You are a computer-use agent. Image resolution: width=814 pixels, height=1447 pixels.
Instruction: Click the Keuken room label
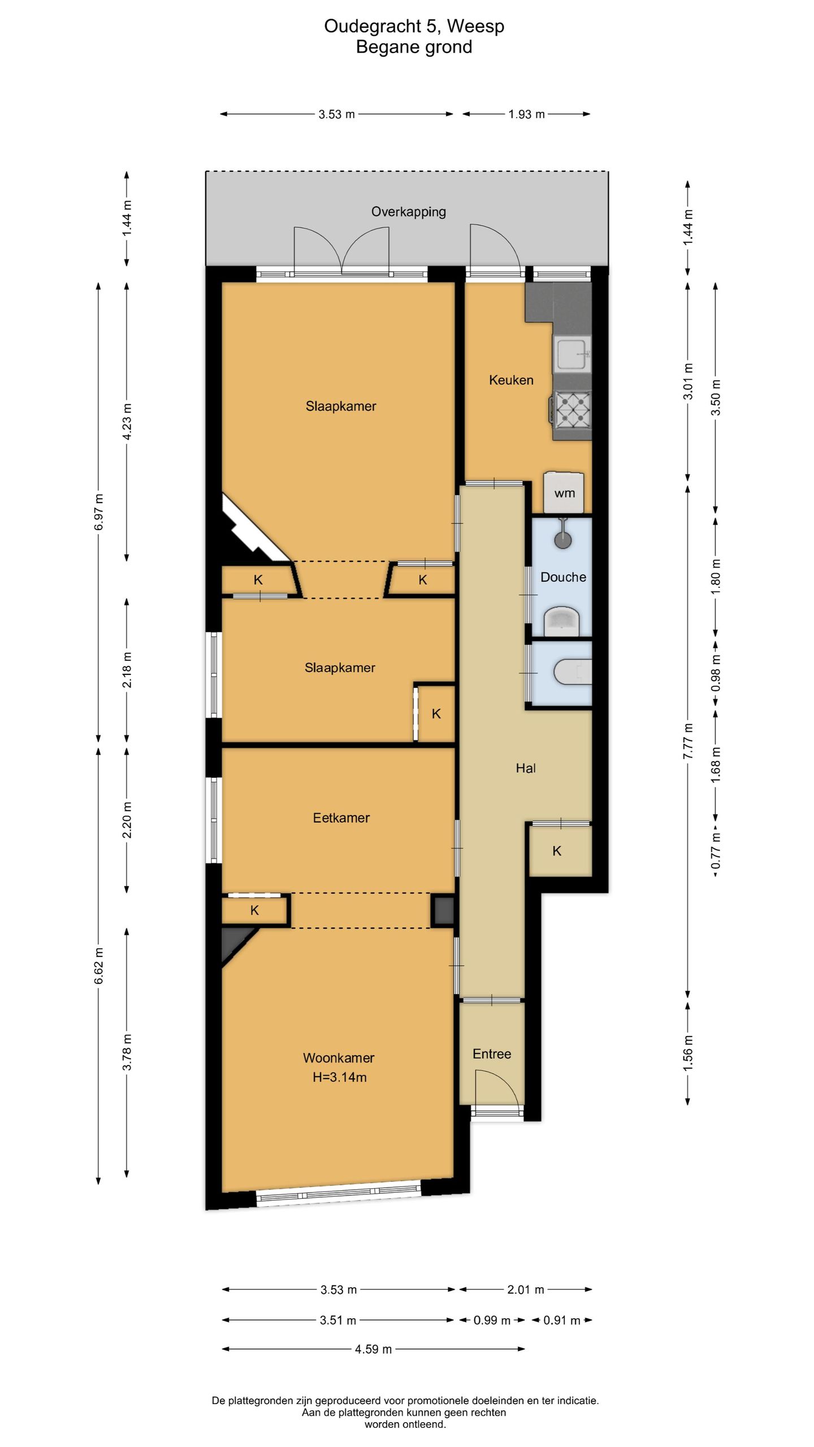point(511,380)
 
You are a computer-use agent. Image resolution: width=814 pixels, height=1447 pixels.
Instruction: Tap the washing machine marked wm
point(564,492)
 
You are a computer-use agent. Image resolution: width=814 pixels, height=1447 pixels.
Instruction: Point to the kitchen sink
point(573,353)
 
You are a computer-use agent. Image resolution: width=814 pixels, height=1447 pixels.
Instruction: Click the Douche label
point(563,577)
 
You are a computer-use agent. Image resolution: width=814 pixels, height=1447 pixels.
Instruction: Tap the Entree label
point(492,1054)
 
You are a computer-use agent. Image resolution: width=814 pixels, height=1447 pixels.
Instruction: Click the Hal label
point(526,768)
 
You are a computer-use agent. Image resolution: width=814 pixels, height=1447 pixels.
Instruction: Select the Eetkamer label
point(341,817)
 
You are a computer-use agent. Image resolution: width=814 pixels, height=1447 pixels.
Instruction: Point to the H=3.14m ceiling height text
point(339,1077)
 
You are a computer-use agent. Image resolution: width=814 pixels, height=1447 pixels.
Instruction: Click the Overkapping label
point(408,212)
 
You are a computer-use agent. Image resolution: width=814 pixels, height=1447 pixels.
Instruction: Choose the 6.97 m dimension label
point(99,512)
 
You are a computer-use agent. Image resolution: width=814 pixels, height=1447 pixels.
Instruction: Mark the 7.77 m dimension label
point(688,741)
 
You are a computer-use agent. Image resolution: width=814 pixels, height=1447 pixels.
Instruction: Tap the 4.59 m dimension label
point(373,1349)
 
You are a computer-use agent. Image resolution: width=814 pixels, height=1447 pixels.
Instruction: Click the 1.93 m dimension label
point(526,114)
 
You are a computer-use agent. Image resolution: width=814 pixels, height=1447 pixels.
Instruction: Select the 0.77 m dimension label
point(716,851)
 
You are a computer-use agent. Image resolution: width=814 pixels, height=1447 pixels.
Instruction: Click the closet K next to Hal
point(557,851)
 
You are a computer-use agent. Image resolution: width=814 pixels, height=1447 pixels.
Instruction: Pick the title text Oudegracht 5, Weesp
point(414,27)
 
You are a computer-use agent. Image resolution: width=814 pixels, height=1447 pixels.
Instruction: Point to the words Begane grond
point(414,47)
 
